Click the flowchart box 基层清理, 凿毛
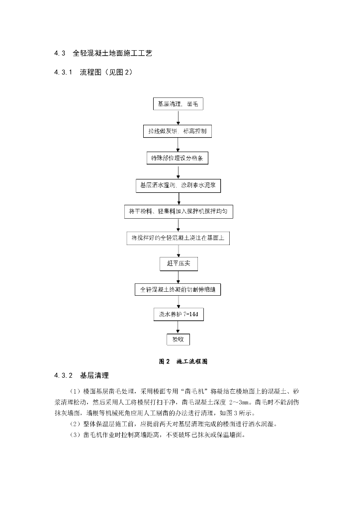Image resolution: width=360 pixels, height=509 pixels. (178, 104)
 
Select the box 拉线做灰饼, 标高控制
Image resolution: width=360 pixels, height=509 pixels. (178, 131)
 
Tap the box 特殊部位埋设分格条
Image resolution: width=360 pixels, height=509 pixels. (178, 158)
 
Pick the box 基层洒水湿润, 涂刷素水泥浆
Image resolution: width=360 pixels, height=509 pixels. (178, 185)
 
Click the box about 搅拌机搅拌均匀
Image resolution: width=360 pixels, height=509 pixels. (178, 212)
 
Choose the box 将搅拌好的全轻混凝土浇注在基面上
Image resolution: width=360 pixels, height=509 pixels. (178, 238)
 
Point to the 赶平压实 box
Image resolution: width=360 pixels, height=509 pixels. (178, 263)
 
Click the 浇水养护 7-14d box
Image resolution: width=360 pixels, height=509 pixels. (178, 315)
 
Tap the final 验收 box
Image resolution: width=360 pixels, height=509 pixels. (178, 339)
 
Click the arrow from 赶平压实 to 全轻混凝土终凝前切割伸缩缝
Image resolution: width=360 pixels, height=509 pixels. (178, 276)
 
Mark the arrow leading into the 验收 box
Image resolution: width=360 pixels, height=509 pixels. (178, 327)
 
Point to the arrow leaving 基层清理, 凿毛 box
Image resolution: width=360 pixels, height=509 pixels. (178, 117)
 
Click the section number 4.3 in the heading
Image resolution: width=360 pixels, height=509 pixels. (60, 53)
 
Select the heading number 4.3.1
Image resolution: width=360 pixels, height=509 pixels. (64, 73)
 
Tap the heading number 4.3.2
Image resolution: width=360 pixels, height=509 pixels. (64, 374)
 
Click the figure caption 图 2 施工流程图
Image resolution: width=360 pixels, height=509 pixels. (183, 361)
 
